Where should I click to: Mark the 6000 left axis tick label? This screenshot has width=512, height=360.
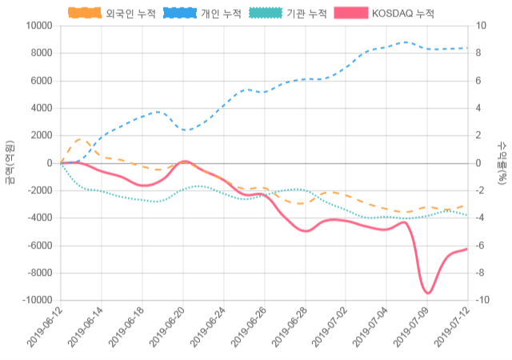coord(39,81)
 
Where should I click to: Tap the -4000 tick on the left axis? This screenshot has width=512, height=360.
coord(38,218)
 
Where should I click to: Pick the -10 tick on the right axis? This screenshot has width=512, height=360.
coord(482,300)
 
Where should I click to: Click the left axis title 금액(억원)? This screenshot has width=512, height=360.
coord(10,162)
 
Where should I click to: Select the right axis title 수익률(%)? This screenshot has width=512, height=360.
coord(502,162)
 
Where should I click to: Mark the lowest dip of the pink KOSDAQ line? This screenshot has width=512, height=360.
coord(427,293)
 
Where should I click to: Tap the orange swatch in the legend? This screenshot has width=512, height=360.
coord(85,14)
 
